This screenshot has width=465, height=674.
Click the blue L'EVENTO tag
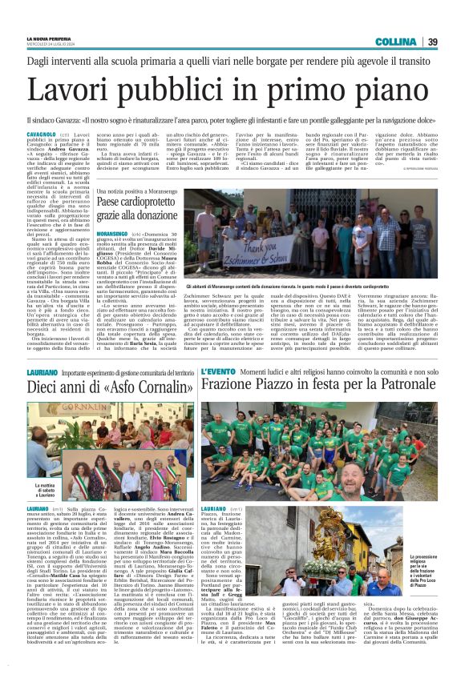click(x=218, y=373)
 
